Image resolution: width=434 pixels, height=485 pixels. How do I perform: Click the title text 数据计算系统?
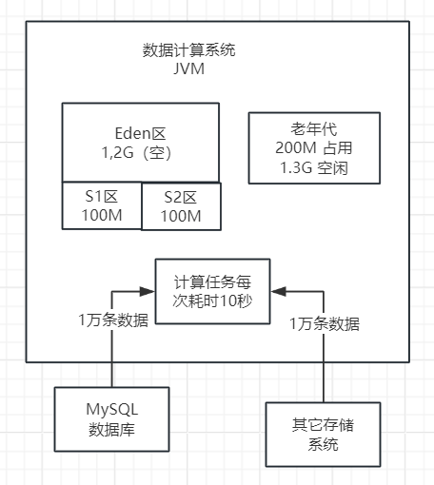[x=189, y=50]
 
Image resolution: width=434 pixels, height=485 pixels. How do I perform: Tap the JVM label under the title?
[x=189, y=69]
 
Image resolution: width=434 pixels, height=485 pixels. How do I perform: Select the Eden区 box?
[x=142, y=142]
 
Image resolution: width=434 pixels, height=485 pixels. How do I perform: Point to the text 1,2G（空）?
[x=142, y=152]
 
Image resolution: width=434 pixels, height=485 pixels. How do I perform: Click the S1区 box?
[x=102, y=205]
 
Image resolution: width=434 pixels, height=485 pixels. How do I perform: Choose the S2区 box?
[x=181, y=206]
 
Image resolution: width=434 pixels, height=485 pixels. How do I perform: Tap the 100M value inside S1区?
[x=102, y=215]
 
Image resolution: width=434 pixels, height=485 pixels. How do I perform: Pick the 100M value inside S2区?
[x=181, y=216]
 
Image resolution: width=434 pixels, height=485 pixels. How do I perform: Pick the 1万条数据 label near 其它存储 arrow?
[x=325, y=323]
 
